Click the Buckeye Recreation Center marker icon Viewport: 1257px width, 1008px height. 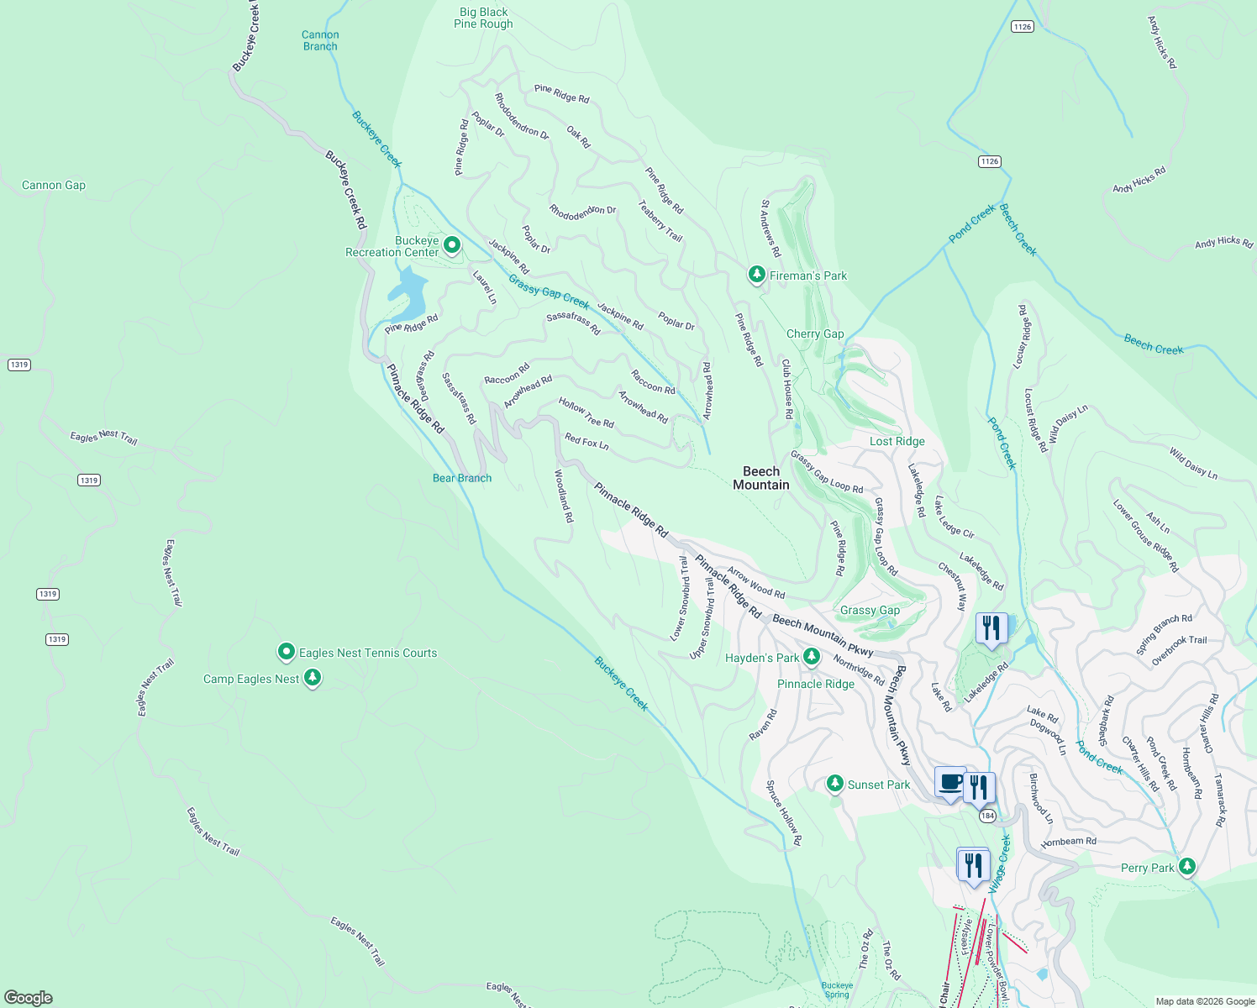452,245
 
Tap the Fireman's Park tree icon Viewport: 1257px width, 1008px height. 756,275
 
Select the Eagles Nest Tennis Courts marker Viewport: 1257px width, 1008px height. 287,652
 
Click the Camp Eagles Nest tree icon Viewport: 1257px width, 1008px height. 313,677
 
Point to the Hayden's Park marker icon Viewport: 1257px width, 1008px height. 811,657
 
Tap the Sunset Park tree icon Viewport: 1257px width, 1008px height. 834,784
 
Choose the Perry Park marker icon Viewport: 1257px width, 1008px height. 1186,866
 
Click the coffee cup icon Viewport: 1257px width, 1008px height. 950,783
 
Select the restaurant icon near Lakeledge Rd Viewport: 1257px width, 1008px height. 991,628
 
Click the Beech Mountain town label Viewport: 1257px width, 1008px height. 761,478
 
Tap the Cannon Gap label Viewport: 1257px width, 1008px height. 54,185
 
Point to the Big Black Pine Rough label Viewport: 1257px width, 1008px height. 483,18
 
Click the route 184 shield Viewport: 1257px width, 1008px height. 987,816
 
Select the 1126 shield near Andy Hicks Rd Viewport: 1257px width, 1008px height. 1022,27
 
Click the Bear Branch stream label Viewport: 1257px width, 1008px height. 462,478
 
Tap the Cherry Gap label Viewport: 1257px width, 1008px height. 815,333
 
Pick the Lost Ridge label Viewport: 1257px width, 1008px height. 897,441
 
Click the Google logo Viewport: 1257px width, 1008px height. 29,997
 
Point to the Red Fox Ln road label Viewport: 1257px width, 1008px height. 586,441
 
